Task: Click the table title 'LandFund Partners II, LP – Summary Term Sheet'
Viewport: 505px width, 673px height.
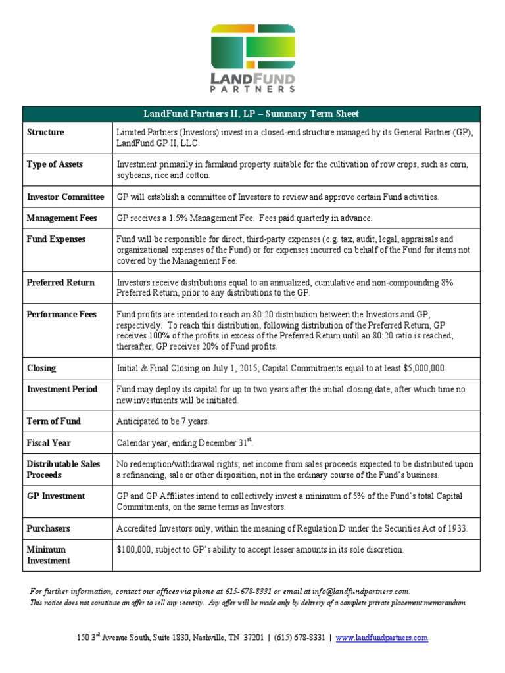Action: pos(252,114)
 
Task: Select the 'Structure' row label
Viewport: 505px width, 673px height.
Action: pos(45,132)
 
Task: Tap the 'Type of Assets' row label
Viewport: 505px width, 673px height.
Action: pos(55,164)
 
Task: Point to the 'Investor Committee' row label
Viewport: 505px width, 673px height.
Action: pos(65,197)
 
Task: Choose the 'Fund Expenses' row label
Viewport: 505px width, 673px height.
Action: pos(56,239)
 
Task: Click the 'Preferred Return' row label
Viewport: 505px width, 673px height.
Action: pos(60,282)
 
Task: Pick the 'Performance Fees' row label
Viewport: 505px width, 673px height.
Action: pos(62,314)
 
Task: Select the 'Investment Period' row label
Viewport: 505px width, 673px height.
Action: pos(62,389)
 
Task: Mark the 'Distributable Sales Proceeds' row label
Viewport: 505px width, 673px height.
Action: pos(63,469)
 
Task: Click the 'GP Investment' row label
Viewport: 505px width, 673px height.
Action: pos(56,496)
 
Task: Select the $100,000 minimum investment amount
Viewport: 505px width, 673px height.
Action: pos(135,549)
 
